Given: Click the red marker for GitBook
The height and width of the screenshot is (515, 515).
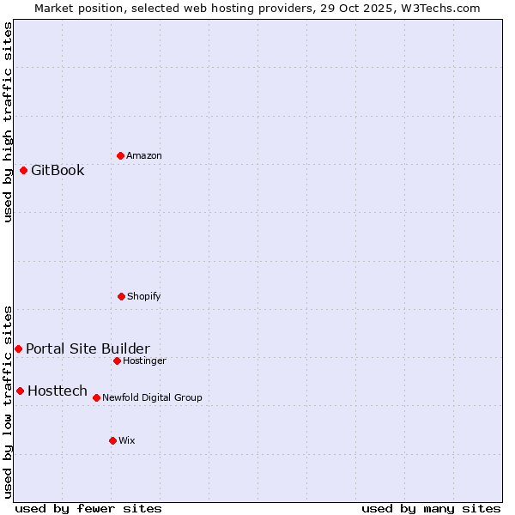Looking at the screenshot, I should pos(23,170).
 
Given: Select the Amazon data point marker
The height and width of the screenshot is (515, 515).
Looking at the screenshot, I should pos(120,155).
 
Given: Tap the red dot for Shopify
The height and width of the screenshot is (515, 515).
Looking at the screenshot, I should pos(121,296).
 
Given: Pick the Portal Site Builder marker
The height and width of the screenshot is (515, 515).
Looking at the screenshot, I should pos(18,348).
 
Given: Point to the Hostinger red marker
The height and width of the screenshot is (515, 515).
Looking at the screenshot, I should pos(117,360).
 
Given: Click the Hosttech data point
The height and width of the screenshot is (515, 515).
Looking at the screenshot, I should pos(20,391).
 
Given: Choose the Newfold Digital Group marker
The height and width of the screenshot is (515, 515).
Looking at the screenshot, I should pos(96,397).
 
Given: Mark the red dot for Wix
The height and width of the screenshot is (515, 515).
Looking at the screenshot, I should pos(112,440).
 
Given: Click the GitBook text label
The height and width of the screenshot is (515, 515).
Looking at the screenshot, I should pos(58,170).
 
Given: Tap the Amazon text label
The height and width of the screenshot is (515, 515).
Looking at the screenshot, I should pos(144,155).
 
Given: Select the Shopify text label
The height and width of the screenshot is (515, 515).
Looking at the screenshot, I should pos(144,296).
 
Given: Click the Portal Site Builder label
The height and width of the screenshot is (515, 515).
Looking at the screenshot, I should pos(88,348).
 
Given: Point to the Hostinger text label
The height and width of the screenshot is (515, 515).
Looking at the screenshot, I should pos(144,360).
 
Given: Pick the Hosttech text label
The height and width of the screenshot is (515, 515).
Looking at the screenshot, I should pos(58,391).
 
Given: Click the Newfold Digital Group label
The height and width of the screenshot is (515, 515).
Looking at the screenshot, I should pos(152,397).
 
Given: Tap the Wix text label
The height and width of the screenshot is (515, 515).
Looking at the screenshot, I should pos(127,440).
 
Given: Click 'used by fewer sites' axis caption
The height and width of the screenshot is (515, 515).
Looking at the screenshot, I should pos(88,508).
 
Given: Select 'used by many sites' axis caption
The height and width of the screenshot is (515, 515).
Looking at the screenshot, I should pos(431,508).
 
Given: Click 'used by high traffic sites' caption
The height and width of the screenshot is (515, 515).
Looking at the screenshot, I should pos(8,122).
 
